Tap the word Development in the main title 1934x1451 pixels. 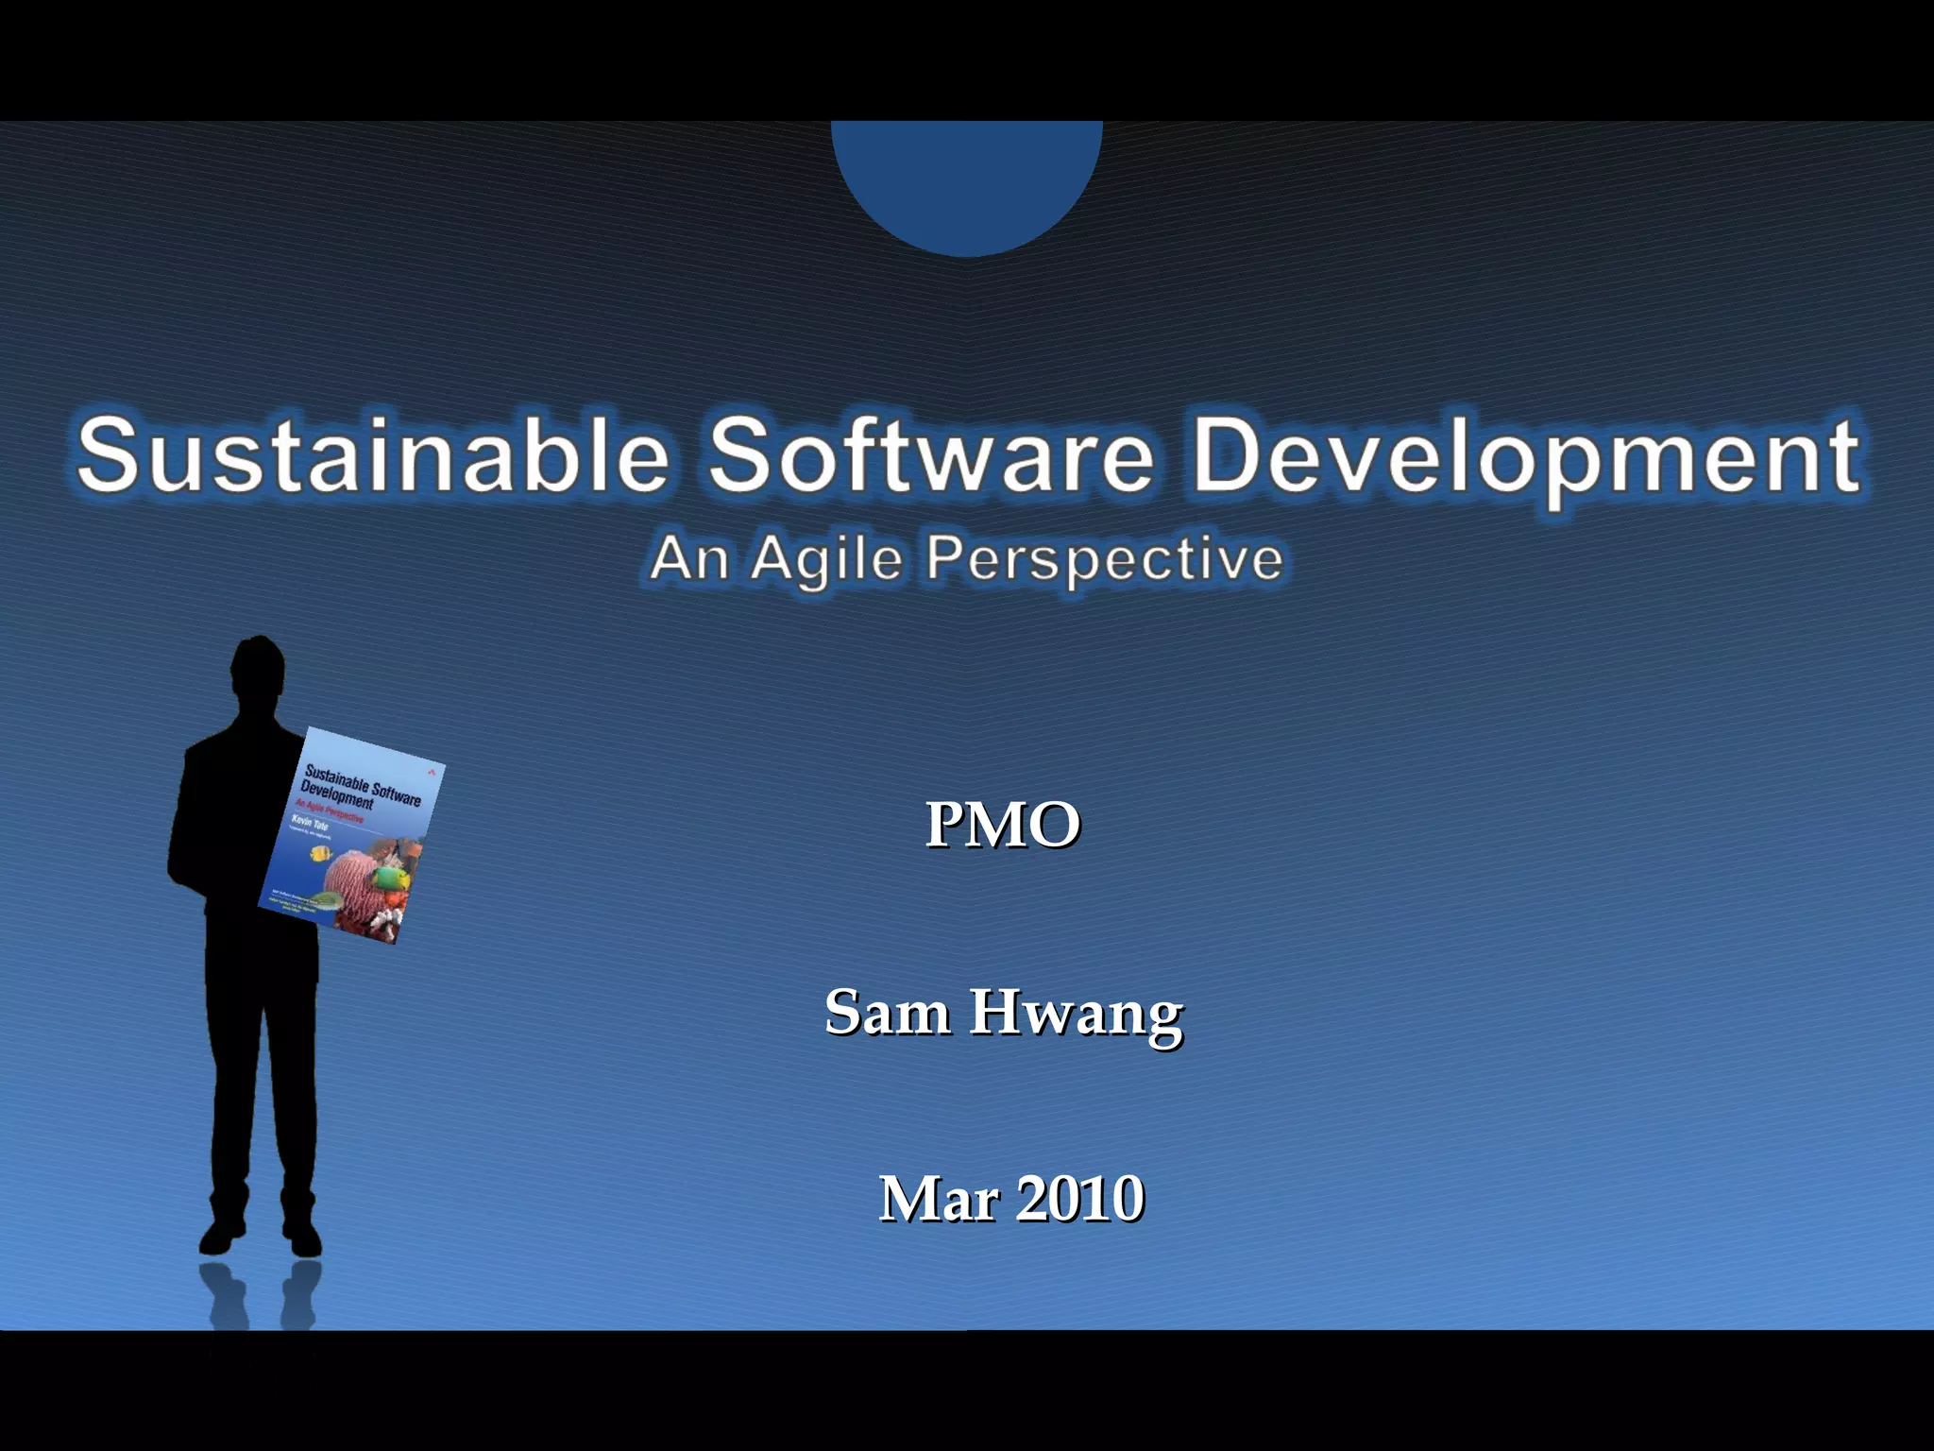pyautogui.click(x=1525, y=458)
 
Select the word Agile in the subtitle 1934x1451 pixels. pyautogui.click(x=826, y=559)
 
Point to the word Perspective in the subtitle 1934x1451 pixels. pyautogui.click(x=1104, y=559)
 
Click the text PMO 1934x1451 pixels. pyautogui.click(x=1002, y=825)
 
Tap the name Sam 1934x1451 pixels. pyautogui.click(x=887, y=1012)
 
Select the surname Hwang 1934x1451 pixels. pyautogui.click(x=1076, y=1014)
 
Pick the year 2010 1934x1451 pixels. pyautogui.click(x=1080, y=1199)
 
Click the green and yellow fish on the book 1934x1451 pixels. pyautogui.click(x=389, y=879)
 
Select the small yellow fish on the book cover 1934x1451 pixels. pyautogui.click(x=320, y=854)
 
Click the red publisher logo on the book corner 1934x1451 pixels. pyautogui.click(x=432, y=771)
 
